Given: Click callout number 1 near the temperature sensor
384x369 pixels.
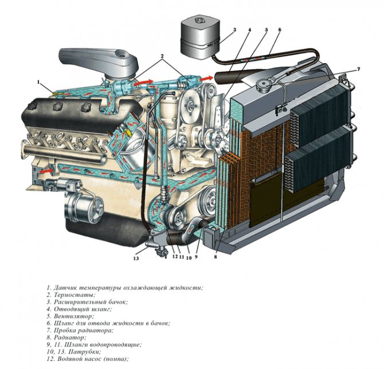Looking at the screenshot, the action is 38,83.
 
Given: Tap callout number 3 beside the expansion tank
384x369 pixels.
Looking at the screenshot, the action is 234,30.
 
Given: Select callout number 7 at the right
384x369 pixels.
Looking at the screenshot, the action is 358,69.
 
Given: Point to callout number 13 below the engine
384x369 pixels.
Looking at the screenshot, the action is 136,258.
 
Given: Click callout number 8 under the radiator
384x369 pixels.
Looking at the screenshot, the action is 215,257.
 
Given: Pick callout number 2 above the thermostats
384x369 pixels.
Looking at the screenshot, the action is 162,56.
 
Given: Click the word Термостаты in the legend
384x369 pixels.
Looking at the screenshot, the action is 75,295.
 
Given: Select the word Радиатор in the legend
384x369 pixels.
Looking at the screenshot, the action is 70,337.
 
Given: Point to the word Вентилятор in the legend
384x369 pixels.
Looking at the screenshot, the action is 74,316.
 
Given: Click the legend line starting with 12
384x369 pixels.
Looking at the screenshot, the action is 88,359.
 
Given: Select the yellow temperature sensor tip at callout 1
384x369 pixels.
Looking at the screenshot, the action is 56,93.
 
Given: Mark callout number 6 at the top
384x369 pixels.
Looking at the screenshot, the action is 280,30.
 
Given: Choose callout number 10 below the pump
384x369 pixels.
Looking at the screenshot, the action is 189,258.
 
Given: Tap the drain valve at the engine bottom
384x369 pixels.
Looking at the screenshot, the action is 162,252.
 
